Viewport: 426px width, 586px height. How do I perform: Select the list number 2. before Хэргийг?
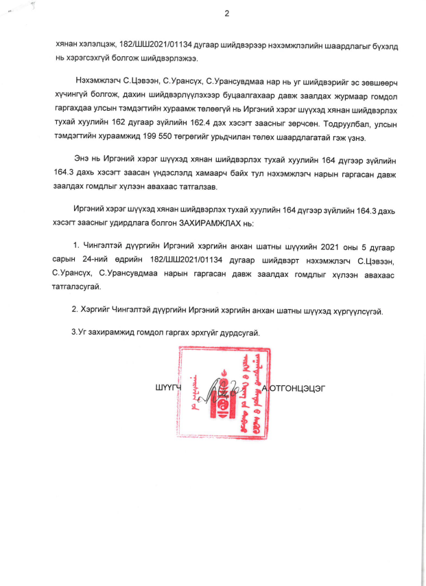pos(75,310)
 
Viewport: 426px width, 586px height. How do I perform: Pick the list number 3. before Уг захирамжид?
pos(75,332)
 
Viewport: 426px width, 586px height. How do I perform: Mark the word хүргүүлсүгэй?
pos(357,310)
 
